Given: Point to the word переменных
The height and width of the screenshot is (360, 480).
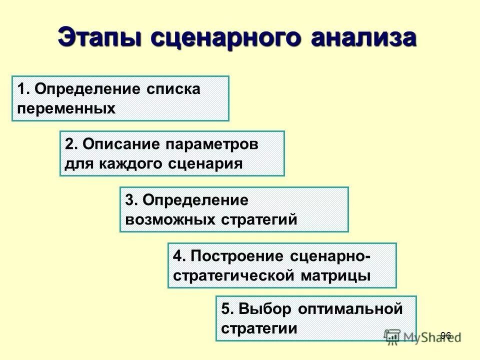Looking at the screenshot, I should (x=66, y=108).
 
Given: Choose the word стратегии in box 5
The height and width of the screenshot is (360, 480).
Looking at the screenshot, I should (x=259, y=328).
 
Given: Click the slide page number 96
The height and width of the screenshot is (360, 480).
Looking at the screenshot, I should (x=446, y=335).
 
